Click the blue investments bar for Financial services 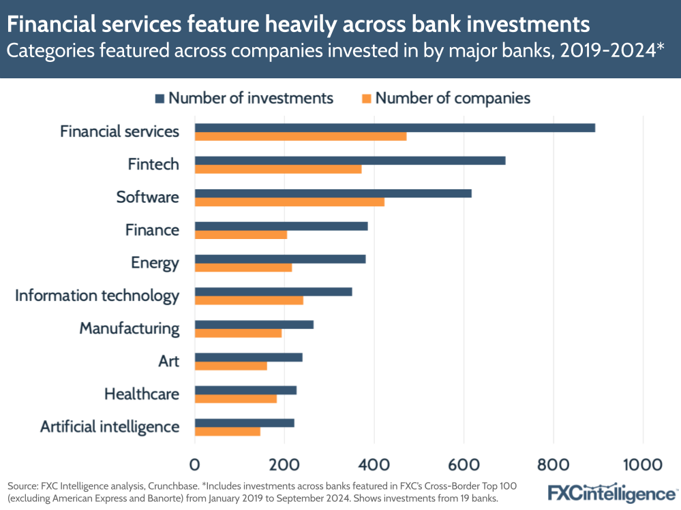(x=395, y=128)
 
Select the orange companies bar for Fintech (x=278, y=169)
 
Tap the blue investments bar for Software (x=333, y=193)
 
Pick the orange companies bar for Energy (x=243, y=267)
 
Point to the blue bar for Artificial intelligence (x=244, y=423)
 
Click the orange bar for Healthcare (x=236, y=398)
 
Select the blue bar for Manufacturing (x=254, y=324)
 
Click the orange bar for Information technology (x=249, y=300)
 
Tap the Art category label (x=168, y=361)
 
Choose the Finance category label (x=152, y=230)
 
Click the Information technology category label (x=97, y=296)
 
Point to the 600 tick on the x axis (x=464, y=464)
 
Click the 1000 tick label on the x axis (x=643, y=464)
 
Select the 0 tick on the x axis (x=195, y=464)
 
